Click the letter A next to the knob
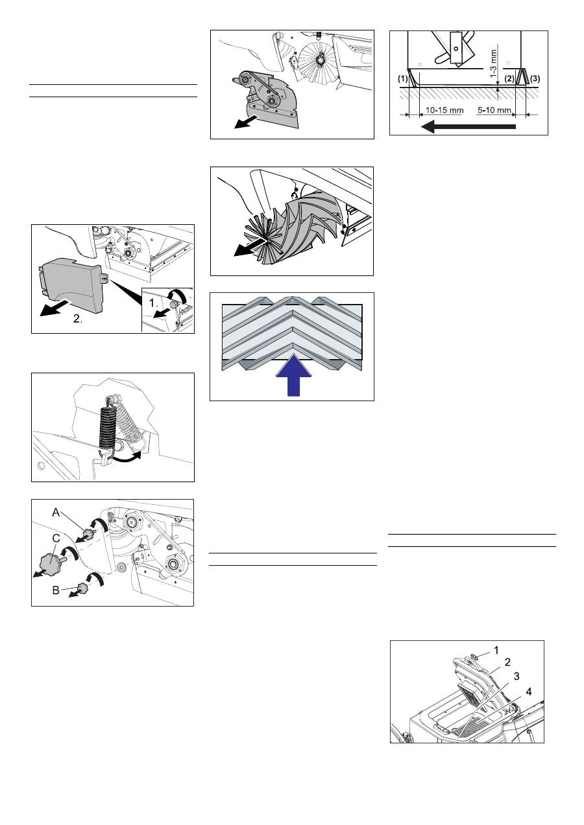[56, 513]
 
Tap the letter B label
[56, 590]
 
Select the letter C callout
[56, 539]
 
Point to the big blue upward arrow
[294, 375]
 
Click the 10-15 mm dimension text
[444, 110]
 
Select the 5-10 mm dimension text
[494, 110]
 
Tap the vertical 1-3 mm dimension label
[494, 64]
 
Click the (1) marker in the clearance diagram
[402, 78]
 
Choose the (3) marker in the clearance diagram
[535, 78]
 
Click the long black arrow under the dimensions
[468, 127]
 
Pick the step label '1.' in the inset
[153, 303]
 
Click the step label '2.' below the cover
[78, 319]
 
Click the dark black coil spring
[107, 430]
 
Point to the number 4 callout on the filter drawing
[529, 692]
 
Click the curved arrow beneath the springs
[127, 457]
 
